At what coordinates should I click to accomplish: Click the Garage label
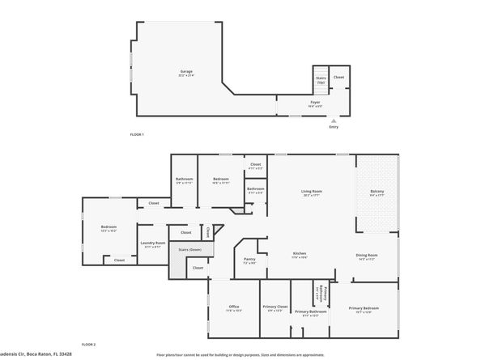pos(186,72)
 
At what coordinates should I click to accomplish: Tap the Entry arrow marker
pos(334,119)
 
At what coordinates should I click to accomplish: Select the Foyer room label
pos(315,103)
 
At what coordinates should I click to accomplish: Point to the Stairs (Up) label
pos(320,79)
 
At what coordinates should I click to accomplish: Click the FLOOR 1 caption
pos(136,134)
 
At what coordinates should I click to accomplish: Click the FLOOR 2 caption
pos(88,345)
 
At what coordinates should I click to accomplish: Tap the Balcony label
pos(377,193)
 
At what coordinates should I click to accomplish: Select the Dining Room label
pos(366,256)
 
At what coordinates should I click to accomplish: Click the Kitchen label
pos(300,255)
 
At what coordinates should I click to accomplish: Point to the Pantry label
pos(249,260)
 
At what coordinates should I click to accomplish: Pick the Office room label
pos(233,307)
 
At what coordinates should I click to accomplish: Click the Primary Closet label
pos(275,307)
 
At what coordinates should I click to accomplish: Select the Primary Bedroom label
pos(364,308)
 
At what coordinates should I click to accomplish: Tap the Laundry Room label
pos(153,244)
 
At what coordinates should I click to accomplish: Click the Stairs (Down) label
pos(190,250)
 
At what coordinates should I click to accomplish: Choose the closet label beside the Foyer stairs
pos(338,78)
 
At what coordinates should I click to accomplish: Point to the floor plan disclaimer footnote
pos(240,354)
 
